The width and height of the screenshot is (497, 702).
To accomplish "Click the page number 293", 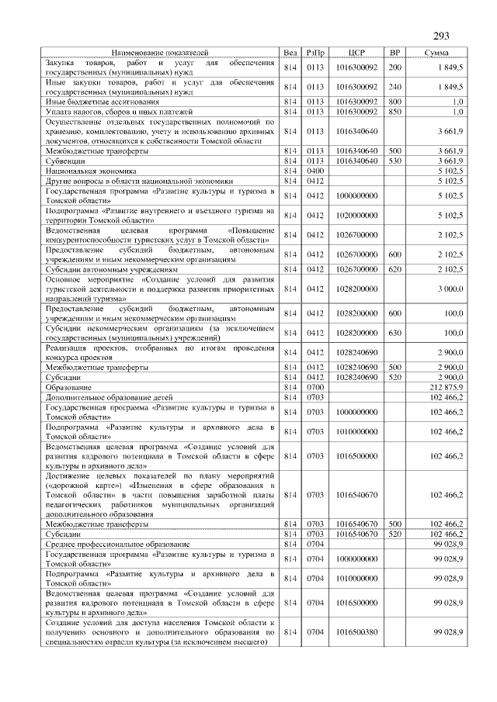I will (441, 36).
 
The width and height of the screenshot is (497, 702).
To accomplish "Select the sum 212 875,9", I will (446, 386).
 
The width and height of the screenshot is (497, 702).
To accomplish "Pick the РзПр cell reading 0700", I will (315, 386).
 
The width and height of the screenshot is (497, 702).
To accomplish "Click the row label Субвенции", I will (63, 161).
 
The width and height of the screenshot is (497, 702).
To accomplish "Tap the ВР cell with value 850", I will (394, 112).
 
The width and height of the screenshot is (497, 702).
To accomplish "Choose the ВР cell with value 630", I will (394, 333).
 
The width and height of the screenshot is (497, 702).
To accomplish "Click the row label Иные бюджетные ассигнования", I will (103, 102).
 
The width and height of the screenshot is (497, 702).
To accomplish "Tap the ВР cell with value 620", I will (394, 269).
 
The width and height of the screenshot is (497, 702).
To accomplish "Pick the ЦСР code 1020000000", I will (356, 215).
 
